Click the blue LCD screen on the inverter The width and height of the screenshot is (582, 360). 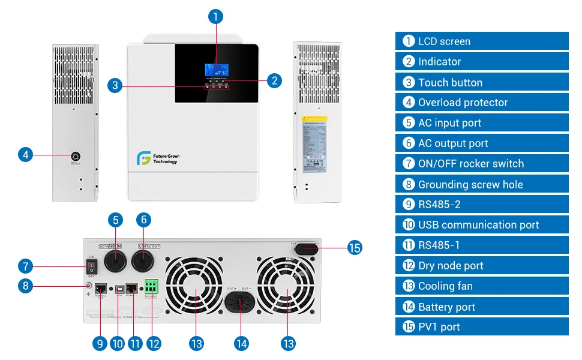click(x=216, y=68)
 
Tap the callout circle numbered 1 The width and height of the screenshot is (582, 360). click(x=217, y=17)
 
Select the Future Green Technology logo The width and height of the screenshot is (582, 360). click(x=157, y=158)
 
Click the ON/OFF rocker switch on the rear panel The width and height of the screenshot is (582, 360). click(x=92, y=266)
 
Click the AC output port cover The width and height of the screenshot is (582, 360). click(x=143, y=262)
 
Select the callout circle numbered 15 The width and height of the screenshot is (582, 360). click(x=355, y=247)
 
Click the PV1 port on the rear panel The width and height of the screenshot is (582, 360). click(x=309, y=247)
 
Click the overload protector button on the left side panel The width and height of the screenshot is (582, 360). click(x=76, y=155)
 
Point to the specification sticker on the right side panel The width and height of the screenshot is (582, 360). click(x=314, y=144)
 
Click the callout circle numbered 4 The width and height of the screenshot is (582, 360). click(x=25, y=155)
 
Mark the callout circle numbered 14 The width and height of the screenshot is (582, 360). click(x=241, y=343)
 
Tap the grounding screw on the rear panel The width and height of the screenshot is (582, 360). click(x=89, y=286)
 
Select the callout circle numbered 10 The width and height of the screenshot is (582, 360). click(x=118, y=343)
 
